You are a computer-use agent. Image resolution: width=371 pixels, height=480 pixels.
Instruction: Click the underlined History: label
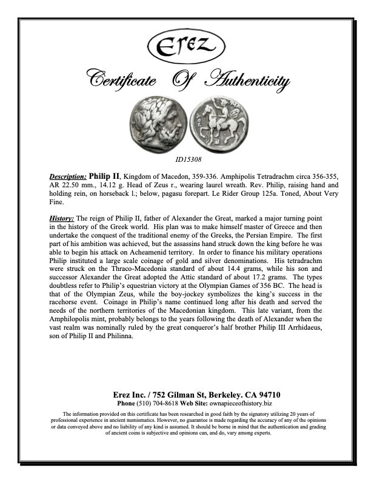coord(61,218)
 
